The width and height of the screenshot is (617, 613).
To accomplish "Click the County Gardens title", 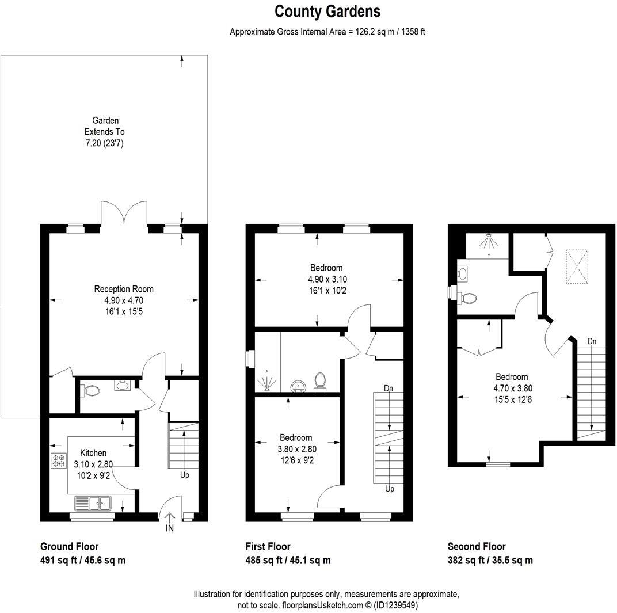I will (327, 11).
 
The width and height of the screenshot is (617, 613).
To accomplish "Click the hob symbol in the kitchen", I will (59, 460).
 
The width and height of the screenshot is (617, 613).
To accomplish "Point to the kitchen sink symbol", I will (93, 504).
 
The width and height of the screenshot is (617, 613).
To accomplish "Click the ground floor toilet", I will (91, 390).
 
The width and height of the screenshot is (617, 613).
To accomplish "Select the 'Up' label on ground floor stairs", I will (184, 475).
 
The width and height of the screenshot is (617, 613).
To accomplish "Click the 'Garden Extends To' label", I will (105, 132).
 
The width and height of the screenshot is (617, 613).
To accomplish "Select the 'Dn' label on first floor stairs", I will (389, 389).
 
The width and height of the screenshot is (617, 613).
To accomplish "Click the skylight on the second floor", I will (577, 266).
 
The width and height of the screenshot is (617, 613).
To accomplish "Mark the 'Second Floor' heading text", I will (477, 547).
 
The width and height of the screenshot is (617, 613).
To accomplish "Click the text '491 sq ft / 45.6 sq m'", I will (82, 560).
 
